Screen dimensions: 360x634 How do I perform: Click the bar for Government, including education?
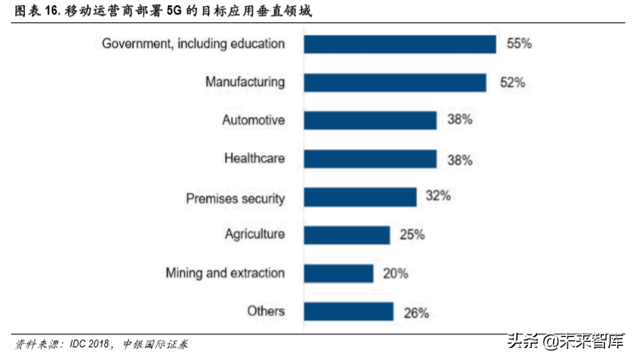coord(400,44)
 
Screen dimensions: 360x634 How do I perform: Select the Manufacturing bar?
coord(395,82)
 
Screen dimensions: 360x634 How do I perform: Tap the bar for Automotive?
coord(370,120)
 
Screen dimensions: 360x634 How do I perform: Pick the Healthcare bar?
coord(370,159)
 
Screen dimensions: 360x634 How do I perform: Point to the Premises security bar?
coord(360,197)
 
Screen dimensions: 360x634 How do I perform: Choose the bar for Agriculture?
coord(346,235)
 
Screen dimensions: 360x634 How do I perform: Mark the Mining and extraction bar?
coord(339,273)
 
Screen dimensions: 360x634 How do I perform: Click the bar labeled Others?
coord(348,311)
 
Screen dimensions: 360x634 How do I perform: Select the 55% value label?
coord(520,43)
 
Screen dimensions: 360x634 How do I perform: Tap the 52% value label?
coord(511,82)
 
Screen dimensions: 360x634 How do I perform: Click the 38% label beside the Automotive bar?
coord(460,120)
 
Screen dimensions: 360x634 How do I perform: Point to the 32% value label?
coord(438,196)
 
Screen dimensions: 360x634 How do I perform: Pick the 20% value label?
coord(395,273)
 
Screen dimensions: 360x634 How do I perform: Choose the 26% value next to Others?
coord(416,312)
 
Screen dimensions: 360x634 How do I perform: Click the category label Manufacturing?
coord(244,82)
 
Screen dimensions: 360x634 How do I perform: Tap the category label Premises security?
coord(235,198)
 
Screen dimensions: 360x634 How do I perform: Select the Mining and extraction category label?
coord(224,273)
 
